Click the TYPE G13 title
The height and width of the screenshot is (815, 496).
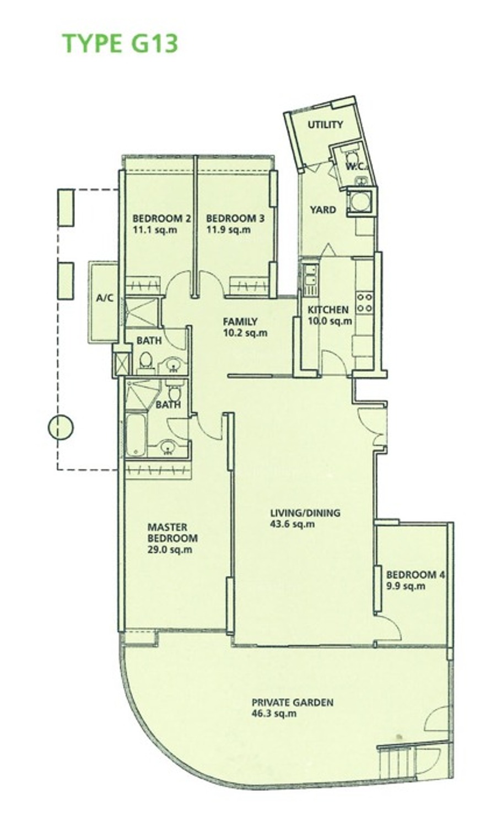120,44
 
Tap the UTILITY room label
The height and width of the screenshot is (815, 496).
325,125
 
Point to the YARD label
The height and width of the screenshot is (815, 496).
323,210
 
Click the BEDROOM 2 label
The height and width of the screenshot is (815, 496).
162,219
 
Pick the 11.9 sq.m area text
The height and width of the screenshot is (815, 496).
229,230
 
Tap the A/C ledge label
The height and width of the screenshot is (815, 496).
105,298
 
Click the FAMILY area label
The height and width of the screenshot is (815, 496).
240,322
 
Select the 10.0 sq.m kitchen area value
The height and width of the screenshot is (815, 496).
330,321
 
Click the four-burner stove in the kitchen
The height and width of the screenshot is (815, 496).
365,303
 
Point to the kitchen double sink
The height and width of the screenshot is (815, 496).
310,276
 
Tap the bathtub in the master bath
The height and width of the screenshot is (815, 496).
136,434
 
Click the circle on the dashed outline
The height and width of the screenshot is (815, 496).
61,428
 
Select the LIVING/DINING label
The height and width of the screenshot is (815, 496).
305,513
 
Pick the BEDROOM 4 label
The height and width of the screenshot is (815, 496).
415,575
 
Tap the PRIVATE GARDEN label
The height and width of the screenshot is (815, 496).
293,702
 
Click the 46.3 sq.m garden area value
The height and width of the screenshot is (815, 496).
274,714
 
